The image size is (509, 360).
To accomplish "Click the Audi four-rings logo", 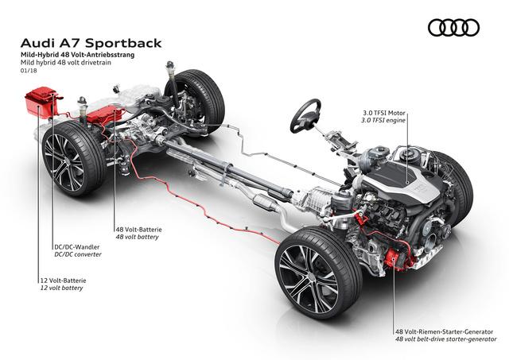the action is [x=453, y=28].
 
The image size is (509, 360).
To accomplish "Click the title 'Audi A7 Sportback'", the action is [x=91, y=44].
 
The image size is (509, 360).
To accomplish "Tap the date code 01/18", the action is [x=29, y=71].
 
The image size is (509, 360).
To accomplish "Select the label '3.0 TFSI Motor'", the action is [x=384, y=113].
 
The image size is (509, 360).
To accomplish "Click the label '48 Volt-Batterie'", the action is [x=138, y=230].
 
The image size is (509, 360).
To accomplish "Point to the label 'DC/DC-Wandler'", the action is [x=77, y=247].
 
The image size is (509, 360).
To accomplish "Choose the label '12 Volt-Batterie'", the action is [x=63, y=281].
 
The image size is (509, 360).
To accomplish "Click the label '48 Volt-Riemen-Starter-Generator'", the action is [x=444, y=331].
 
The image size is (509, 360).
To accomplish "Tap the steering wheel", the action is [x=305, y=115].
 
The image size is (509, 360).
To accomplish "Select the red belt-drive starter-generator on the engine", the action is [x=395, y=257].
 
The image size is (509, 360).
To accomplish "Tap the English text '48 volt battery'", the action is [x=138, y=237].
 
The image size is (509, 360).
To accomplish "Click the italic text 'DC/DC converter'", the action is [x=78, y=254].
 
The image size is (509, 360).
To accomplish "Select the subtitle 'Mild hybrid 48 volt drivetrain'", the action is [x=65, y=62].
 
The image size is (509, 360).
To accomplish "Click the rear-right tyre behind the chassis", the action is [x=196, y=101].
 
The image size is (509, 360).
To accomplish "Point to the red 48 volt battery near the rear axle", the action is [x=105, y=114].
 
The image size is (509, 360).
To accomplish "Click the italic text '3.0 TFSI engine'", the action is [x=383, y=120].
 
